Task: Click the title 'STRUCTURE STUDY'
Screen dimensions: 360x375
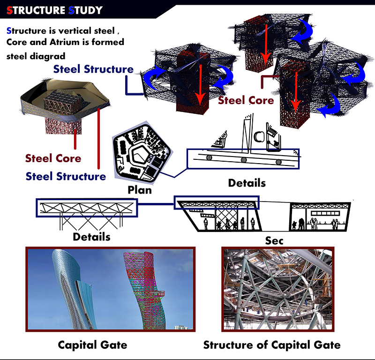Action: pyautogui.click(x=54, y=10)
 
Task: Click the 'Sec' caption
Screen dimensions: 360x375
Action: pyautogui.click(x=274, y=240)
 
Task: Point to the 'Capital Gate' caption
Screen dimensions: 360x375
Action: pyautogui.click(x=92, y=345)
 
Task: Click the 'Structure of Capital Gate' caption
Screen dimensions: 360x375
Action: pyautogui.click(x=271, y=345)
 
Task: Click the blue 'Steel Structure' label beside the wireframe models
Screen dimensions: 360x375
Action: pyautogui.click(x=93, y=69)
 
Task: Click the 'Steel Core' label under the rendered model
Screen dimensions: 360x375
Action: pyautogui.click(x=53, y=158)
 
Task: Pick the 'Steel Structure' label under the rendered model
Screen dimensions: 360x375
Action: pyautogui.click(x=66, y=176)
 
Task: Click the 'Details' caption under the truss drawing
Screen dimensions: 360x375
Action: pyautogui.click(x=91, y=236)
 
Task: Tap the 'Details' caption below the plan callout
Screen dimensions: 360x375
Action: pyautogui.click(x=247, y=183)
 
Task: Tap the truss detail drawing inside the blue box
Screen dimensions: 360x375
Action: pyautogui.click(x=87, y=208)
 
